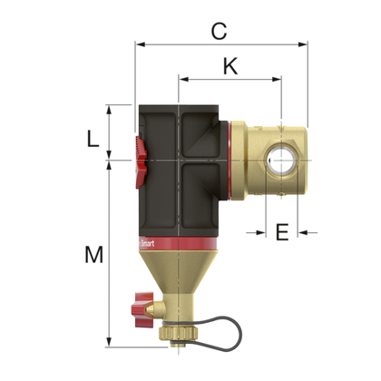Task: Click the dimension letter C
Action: tap(218, 30)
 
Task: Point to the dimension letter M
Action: tap(93, 255)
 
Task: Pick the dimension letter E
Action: tap(281, 232)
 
